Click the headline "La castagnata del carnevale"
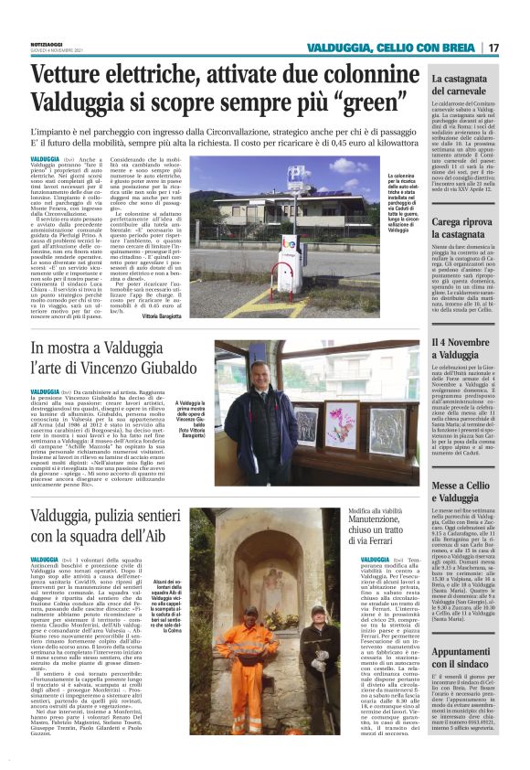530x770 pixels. [x=465, y=85]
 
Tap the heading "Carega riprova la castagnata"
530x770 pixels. [x=465, y=227]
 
